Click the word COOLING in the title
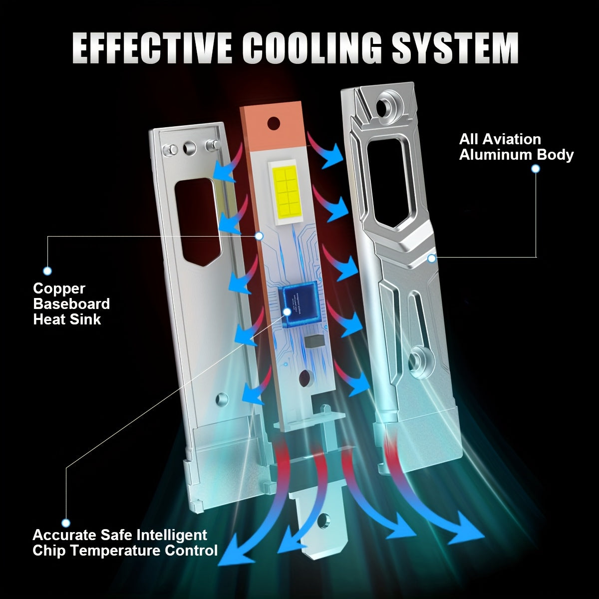point(312,48)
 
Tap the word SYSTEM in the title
point(455,48)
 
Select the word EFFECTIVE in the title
point(152,48)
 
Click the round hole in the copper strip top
point(274,124)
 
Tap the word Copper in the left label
point(59,289)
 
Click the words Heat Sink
point(67,319)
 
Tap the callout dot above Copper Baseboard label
point(47,271)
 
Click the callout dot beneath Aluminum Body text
point(535,169)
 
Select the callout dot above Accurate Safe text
point(66,523)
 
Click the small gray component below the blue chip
point(313,341)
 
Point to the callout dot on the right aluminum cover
point(431,258)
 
